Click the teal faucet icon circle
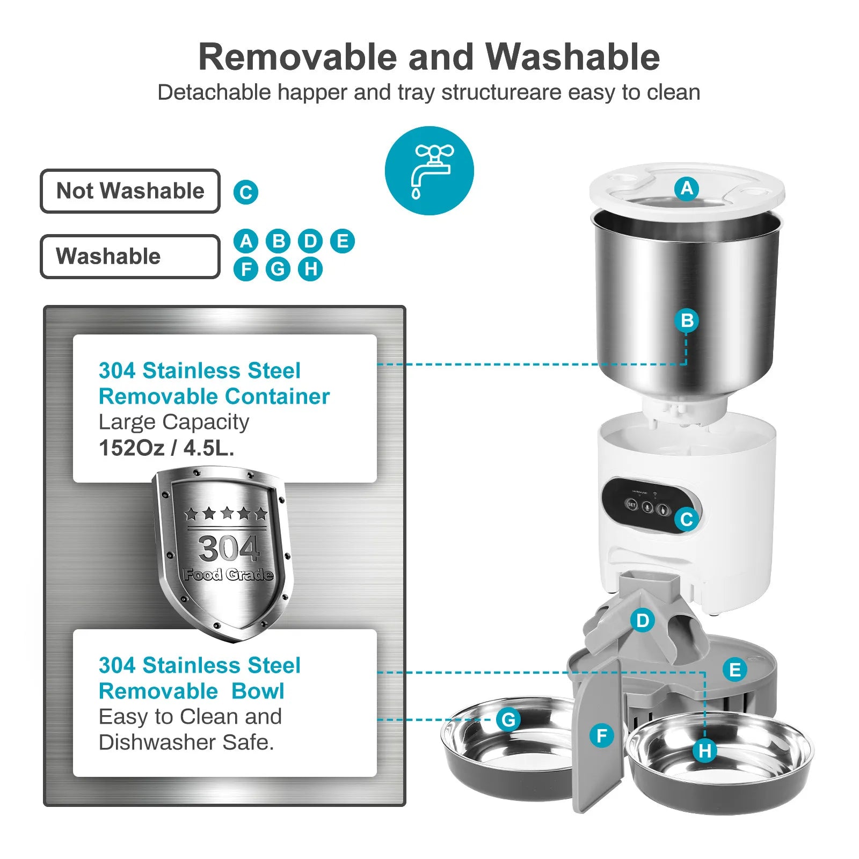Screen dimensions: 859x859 pyautogui.click(x=429, y=171)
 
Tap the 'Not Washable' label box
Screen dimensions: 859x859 pyautogui.click(x=130, y=191)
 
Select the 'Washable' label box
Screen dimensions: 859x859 pyautogui.click(x=130, y=256)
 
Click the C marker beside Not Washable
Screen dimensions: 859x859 pyautogui.click(x=246, y=192)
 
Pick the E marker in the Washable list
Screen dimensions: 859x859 pyautogui.click(x=343, y=241)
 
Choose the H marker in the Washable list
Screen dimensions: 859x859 pyautogui.click(x=310, y=268)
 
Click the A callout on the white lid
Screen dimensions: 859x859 pyautogui.click(x=687, y=188)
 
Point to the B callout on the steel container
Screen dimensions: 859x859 pyautogui.click(x=687, y=321)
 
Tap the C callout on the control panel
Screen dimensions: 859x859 pyautogui.click(x=687, y=519)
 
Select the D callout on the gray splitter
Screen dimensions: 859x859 pyautogui.click(x=643, y=621)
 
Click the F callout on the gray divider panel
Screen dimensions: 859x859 pyautogui.click(x=601, y=736)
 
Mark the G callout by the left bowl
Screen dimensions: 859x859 pyautogui.click(x=508, y=719)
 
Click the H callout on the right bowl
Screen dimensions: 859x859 pyautogui.click(x=705, y=751)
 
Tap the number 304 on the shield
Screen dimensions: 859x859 pyautogui.click(x=229, y=548)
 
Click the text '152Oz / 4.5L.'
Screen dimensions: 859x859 pyautogui.click(x=166, y=448)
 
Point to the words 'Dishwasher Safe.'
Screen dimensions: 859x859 pyautogui.click(x=186, y=742)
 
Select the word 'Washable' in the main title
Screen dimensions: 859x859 pyautogui.click(x=572, y=57)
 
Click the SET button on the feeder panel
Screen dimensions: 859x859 pyautogui.click(x=632, y=505)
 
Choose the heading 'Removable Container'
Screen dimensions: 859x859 pyautogui.click(x=214, y=396)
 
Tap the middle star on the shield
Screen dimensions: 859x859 pyautogui.click(x=227, y=513)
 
